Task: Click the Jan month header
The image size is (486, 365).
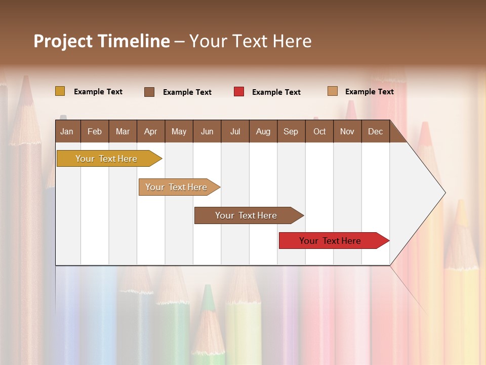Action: (67, 131)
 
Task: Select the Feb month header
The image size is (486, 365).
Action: (95, 131)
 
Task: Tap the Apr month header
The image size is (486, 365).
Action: (151, 131)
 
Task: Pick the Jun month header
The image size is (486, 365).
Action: (207, 131)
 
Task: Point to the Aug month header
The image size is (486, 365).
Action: (263, 131)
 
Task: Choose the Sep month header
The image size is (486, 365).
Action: (291, 131)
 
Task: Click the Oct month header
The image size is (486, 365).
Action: (319, 131)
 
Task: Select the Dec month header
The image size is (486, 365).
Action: (376, 131)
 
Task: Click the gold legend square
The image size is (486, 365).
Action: (60, 91)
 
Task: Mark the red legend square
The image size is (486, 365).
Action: (239, 92)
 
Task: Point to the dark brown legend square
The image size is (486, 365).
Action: (149, 92)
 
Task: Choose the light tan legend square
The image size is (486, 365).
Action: (333, 91)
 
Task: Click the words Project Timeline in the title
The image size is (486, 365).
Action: (101, 41)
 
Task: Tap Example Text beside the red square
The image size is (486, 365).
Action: (276, 92)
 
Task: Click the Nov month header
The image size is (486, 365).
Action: (347, 131)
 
